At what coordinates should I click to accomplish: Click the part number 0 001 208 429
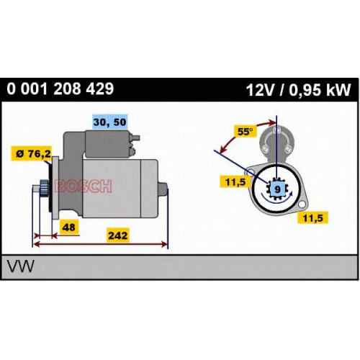click(x=60, y=89)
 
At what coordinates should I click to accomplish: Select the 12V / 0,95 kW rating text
click(x=298, y=90)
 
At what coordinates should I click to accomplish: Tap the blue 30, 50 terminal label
click(x=109, y=122)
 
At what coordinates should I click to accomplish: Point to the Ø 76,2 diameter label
click(x=34, y=153)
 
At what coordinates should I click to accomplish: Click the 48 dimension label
click(x=68, y=227)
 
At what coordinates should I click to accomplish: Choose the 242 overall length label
click(x=117, y=235)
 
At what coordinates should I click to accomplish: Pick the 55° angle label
click(x=245, y=132)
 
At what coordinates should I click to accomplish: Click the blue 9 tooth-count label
click(x=277, y=189)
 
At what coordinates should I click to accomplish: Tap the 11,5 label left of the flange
click(x=235, y=181)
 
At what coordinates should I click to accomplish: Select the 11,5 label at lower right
click(x=312, y=218)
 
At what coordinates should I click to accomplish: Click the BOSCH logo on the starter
click(x=83, y=186)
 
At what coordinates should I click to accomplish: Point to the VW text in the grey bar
click(x=20, y=266)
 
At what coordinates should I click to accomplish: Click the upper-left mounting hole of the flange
click(x=251, y=172)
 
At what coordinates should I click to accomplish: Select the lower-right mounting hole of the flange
click(x=302, y=204)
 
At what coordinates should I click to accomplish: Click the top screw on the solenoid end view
click(x=277, y=130)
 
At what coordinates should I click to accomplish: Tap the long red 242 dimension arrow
click(x=101, y=245)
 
